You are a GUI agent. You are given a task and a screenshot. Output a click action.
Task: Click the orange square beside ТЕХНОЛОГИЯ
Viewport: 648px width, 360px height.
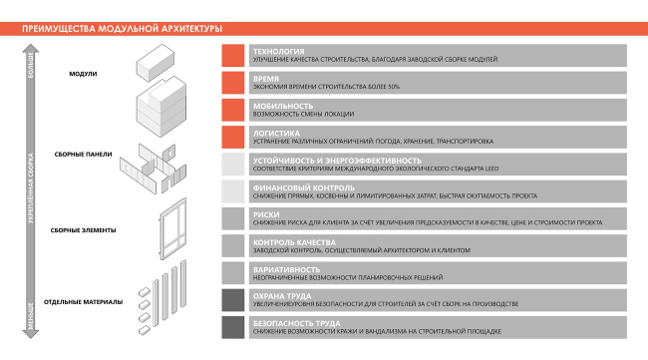234,56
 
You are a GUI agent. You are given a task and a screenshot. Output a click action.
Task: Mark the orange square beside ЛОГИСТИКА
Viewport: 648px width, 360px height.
234,137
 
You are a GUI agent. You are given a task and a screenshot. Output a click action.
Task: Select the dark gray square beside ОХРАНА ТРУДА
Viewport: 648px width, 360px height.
234,300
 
